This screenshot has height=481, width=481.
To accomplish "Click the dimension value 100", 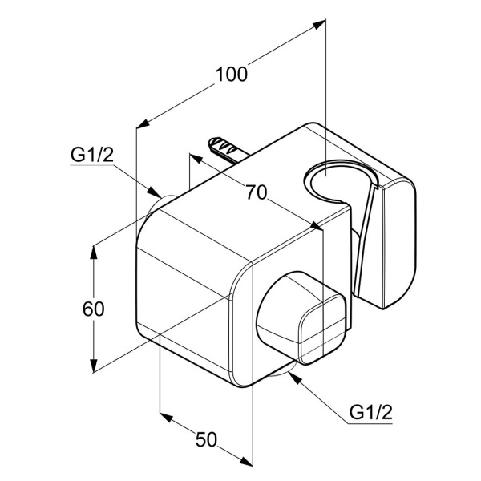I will point(231,75).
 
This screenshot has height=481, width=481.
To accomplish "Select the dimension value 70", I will point(256,192).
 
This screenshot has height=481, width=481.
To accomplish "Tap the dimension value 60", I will point(94,308).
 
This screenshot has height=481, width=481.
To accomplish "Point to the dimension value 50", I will point(206,439).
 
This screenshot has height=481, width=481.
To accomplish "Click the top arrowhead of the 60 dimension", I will point(94,250).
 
